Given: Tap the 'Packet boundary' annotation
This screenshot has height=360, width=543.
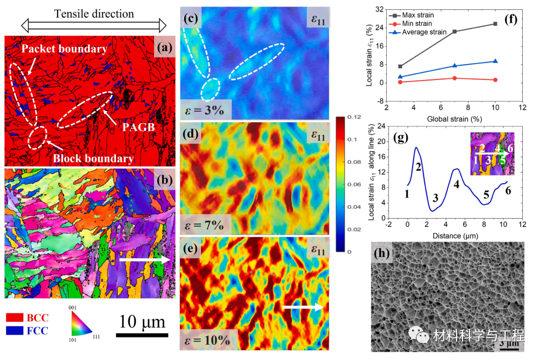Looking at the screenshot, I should point(64,49).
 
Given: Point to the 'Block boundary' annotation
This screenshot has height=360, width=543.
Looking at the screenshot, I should point(93,159).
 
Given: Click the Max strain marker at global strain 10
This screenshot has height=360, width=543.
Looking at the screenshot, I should point(495,24).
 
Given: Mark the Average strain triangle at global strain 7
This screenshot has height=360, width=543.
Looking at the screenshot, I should point(454,66).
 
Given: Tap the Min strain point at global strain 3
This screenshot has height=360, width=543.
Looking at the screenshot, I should point(401,82).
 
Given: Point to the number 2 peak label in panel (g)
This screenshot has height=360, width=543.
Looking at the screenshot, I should point(418,167).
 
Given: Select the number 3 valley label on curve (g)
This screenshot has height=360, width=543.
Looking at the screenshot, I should point(436,198).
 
